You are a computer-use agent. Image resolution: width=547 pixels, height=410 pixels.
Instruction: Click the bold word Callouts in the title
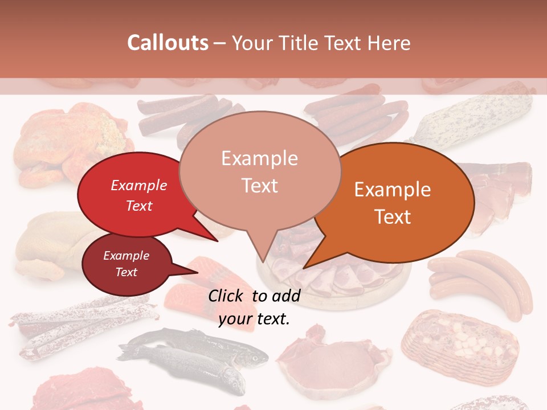(168, 43)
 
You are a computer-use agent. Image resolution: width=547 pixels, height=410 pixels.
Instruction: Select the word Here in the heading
(388, 43)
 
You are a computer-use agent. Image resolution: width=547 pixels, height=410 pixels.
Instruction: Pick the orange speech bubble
(399, 202)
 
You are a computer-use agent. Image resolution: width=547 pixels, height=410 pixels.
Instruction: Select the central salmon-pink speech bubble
(260, 171)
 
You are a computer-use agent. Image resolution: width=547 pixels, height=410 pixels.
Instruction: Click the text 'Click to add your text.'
(254, 307)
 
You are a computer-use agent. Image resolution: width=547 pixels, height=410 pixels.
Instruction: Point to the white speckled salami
(479, 117)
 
